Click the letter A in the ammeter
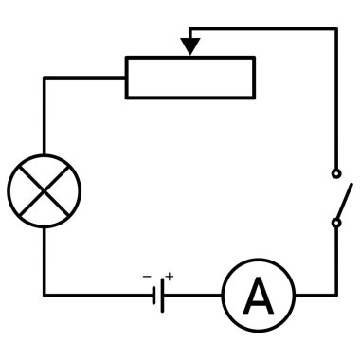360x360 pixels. [258, 296]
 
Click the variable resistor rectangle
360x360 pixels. [189, 77]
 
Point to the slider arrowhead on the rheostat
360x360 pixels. [190, 45]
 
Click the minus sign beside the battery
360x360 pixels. [147, 277]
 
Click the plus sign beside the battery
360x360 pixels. [171, 276]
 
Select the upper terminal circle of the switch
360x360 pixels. [335, 174]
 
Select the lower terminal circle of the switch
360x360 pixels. [335, 224]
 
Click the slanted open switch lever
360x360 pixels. [345, 200]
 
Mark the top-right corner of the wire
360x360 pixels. [335, 28]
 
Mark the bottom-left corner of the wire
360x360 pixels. [44, 296]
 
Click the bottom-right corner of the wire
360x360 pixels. [335, 296]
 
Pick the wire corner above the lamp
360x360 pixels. [44, 77]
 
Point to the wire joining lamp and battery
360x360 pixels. [95, 296]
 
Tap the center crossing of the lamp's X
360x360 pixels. [44, 189]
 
